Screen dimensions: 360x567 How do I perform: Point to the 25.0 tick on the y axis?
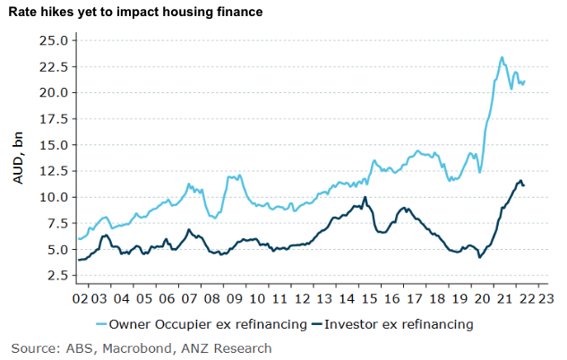coord(53,40)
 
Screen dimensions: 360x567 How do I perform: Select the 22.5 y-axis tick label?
coord(53,66)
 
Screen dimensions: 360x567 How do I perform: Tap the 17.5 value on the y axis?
coord(53,118)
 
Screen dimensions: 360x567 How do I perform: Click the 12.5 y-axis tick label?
coord(53,171)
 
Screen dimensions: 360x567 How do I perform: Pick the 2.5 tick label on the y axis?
coord(56,275)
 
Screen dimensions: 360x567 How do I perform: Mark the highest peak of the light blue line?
coord(502,57)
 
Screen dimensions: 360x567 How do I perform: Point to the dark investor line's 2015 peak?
coord(365,197)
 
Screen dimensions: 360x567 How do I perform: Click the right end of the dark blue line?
coord(524,185)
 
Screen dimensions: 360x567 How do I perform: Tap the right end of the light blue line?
coord(524,81)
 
